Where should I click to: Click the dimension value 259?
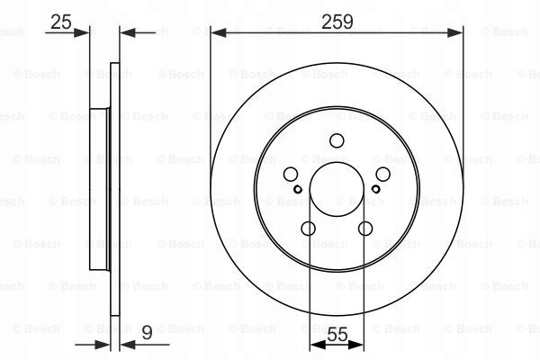[337, 22]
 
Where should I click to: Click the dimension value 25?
[61, 22]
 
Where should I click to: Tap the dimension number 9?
[147, 333]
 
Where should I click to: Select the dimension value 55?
[337, 334]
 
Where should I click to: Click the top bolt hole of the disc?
[337, 140]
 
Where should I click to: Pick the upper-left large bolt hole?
[291, 175]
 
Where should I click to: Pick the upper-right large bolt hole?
[383, 175]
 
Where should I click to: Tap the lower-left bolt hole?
[308, 229]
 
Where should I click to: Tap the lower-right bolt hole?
[365, 229]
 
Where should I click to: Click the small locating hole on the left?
[298, 189]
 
